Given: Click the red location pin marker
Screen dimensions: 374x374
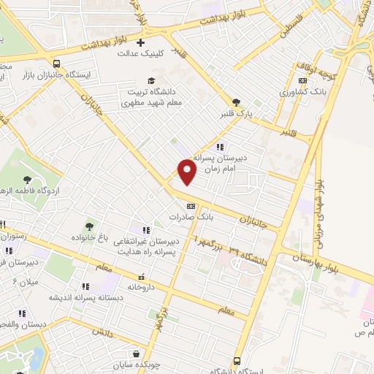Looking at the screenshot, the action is pos(188,171).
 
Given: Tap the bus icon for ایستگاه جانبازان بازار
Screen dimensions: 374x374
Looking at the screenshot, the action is pos(57,63).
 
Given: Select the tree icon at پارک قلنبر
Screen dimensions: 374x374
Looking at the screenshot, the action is pos(235,102).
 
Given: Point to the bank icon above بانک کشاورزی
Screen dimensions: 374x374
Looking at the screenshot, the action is pos(302,81).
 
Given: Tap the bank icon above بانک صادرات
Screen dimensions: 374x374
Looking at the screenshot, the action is pos(191,205).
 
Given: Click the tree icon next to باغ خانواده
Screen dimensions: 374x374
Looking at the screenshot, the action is pos(89,226).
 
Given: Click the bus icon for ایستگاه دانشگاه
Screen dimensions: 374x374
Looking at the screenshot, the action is pos(237,361).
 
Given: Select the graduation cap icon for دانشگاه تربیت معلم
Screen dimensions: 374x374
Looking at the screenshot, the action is pos(151,81).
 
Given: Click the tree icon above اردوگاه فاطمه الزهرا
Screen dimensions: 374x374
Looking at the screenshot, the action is pos(28,180).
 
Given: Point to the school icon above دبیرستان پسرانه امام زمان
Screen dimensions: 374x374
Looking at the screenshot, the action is pos(219,146).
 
